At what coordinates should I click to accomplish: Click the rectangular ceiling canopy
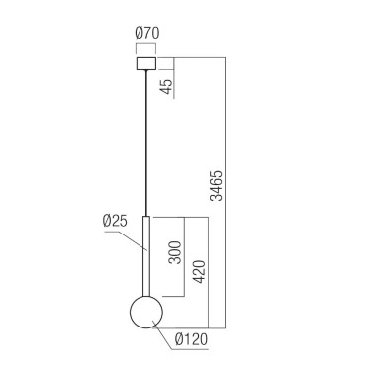(x=145, y=63)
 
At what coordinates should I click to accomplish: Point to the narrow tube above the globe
(x=145, y=257)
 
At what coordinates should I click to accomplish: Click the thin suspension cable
(x=145, y=139)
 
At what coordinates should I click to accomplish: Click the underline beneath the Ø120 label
(x=189, y=349)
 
